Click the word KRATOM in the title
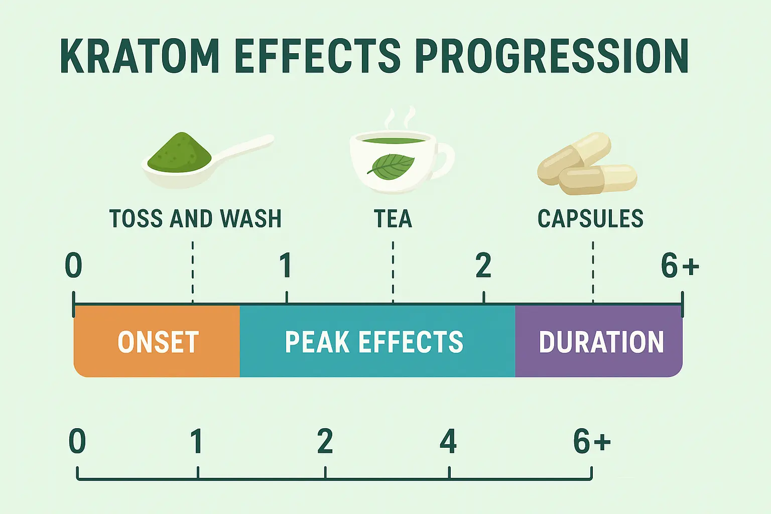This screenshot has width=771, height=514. coord(140,56)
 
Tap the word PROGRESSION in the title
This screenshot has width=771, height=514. coord(552,56)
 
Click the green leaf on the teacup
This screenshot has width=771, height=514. coord(391,167)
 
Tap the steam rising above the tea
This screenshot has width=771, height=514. coord(400,119)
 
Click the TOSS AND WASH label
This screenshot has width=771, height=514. coord(195,218)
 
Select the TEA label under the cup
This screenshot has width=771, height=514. coord(393,218)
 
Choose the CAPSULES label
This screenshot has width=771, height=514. coord(590,218)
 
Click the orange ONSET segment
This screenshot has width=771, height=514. coord(157,341)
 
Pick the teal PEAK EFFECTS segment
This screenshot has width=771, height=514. coord(377,341)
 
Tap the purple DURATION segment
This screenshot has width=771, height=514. coord(599,341)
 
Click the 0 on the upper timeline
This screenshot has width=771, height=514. coord(74,266)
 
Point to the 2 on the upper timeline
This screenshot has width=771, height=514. coord(483,266)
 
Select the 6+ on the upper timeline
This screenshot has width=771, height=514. coord(680,266)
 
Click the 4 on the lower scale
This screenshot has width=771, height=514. coord(448,441)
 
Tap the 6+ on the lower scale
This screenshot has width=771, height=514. coord(592,441)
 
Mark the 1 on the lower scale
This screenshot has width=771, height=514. coord(197,441)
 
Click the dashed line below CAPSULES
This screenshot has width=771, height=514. coord(593,272)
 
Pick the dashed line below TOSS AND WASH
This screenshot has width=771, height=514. coord(193,272)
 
